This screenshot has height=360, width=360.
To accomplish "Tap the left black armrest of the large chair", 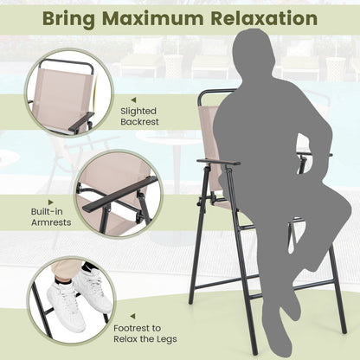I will pyautogui.click(x=217, y=162).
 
